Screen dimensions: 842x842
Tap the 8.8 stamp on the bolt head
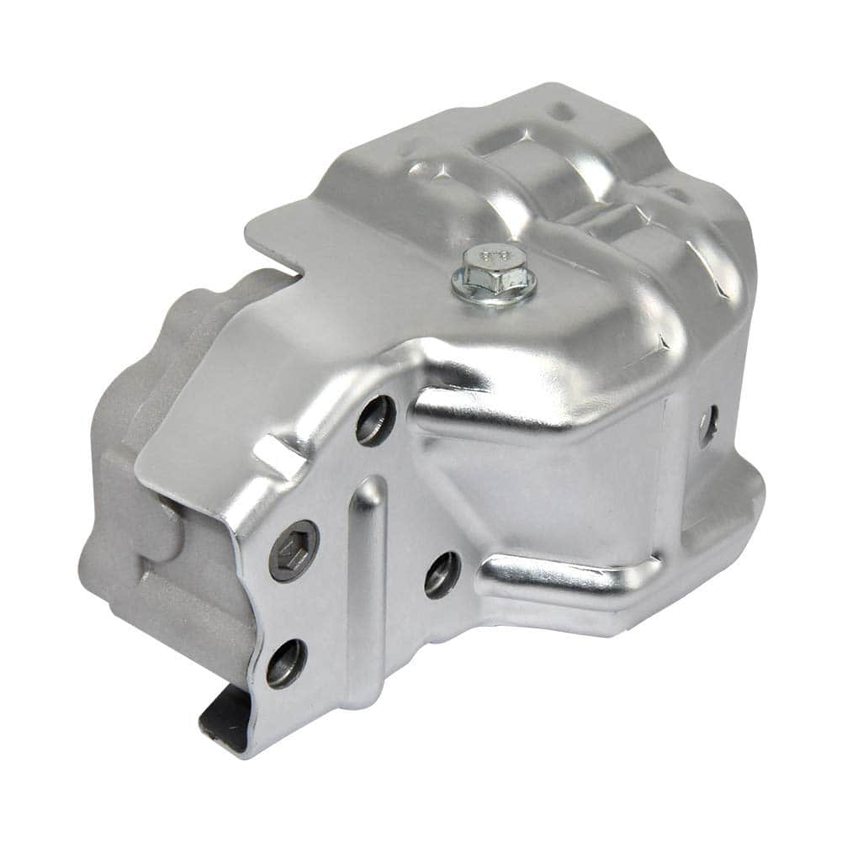tap(494, 253)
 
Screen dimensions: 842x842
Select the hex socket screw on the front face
tap(294, 551)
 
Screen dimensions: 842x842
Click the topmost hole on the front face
tap(375, 420)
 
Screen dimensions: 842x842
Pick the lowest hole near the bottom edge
tap(286, 663)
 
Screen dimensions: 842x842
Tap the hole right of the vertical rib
tap(442, 575)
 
